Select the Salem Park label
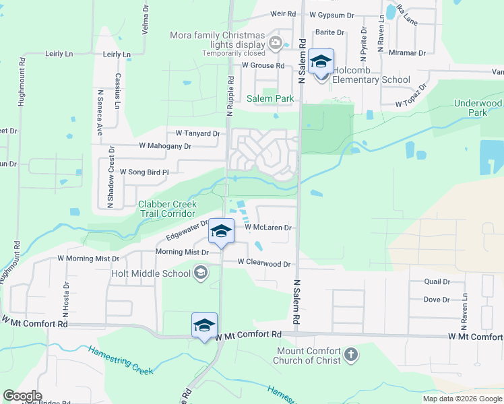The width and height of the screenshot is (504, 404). [x=270, y=98]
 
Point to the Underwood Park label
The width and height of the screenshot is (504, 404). [x=478, y=108]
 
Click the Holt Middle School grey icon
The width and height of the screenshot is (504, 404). [x=200, y=273]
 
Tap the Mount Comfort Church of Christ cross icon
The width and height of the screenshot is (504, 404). [x=350, y=354]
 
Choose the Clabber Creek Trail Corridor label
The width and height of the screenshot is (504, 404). [x=168, y=209]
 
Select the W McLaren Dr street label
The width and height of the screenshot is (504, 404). [x=267, y=228]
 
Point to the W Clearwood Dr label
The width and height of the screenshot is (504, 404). [x=263, y=265]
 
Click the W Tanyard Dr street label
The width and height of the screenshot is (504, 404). [x=198, y=133]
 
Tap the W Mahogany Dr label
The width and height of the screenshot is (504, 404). [x=165, y=145]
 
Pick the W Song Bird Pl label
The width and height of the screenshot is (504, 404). [x=144, y=172]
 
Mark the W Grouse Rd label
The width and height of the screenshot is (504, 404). [x=263, y=65]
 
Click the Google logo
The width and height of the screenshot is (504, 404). [x=23, y=395]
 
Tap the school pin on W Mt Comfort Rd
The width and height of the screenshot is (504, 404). [x=204, y=326]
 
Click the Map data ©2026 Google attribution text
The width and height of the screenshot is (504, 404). [x=462, y=399]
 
